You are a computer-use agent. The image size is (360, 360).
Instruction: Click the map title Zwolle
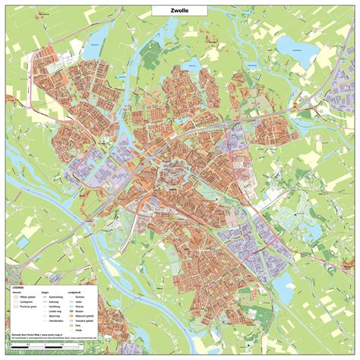point(180,10)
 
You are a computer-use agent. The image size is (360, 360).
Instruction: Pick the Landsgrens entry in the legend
point(25,302)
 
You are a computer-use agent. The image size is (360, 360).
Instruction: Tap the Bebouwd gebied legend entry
point(82,316)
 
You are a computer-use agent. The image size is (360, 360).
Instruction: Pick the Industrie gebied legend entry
point(82,321)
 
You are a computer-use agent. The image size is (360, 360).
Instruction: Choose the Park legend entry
point(77,325)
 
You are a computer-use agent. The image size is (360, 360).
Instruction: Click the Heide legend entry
point(78,330)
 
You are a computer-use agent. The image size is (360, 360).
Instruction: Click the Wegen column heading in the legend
point(45,292)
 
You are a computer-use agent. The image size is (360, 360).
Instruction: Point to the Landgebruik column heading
point(73,292)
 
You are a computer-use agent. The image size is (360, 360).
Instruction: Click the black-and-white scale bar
point(46,346)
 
